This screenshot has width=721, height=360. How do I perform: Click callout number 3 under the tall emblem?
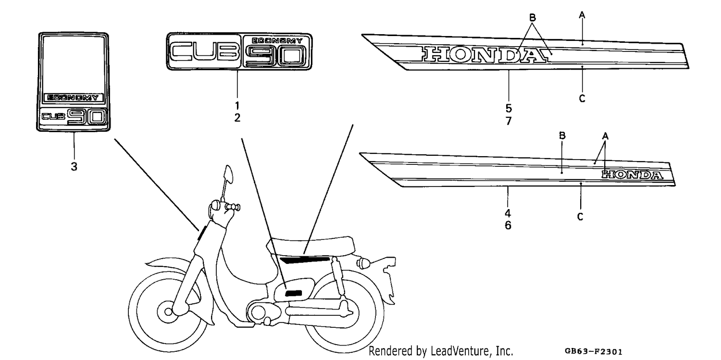click(x=74, y=167)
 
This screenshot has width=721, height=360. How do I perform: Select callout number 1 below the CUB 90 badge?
click(x=237, y=106)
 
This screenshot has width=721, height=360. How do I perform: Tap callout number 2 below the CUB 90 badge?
click(x=237, y=118)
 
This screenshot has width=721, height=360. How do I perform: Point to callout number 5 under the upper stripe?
click(x=509, y=108)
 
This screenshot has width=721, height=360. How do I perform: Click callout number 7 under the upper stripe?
click(x=509, y=121)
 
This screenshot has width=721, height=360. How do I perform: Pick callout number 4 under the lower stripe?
click(x=508, y=213)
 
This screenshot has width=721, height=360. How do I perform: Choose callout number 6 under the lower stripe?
click(x=508, y=225)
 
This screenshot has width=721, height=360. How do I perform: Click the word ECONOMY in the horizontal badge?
click(x=277, y=40)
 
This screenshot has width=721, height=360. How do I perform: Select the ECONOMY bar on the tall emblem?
click(x=74, y=98)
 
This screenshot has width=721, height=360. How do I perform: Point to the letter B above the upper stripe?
click(x=533, y=17)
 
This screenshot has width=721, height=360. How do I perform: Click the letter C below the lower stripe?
click(x=580, y=217)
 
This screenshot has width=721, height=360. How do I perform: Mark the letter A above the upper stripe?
click(x=582, y=15)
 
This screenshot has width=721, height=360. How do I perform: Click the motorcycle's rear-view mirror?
click(x=228, y=174)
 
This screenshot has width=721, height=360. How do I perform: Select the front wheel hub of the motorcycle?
click(x=168, y=311)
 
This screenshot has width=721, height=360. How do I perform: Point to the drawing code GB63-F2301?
click(x=594, y=351)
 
